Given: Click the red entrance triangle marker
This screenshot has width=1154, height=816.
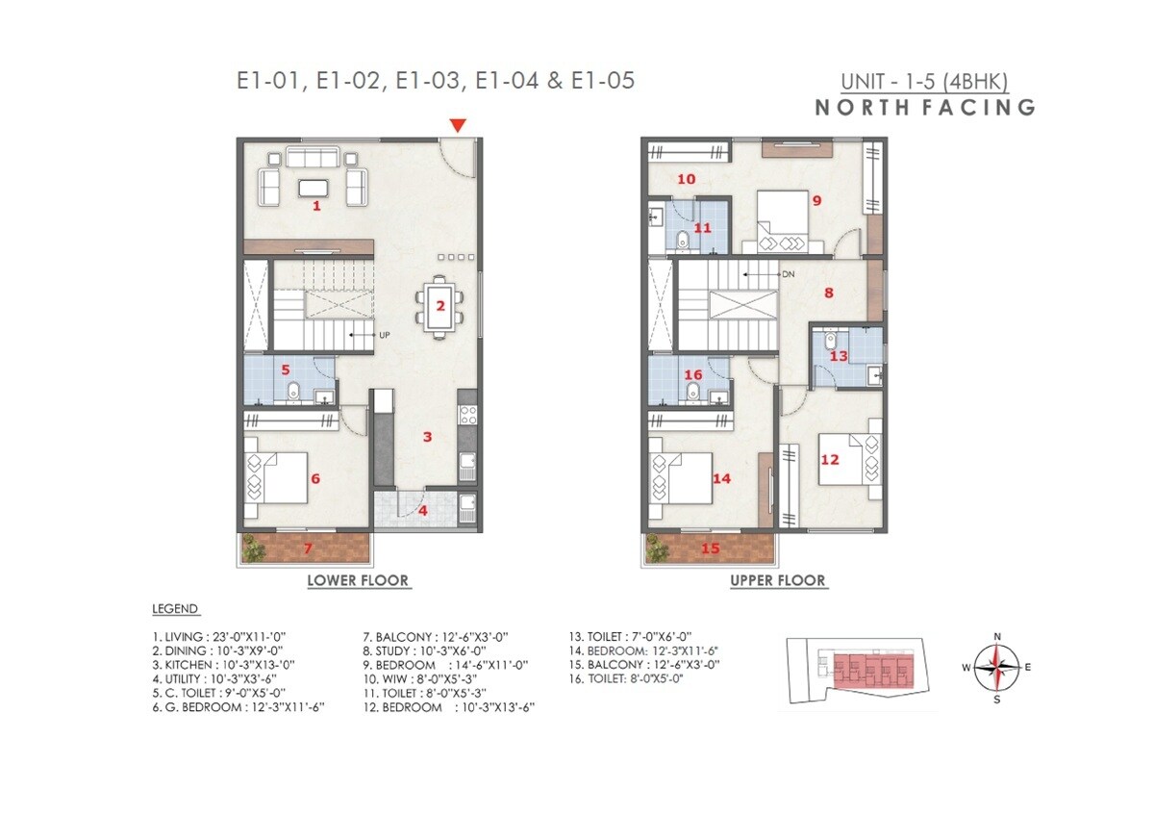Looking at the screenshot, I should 459,125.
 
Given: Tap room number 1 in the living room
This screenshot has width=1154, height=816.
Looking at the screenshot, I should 316,205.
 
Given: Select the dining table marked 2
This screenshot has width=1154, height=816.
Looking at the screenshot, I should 439,306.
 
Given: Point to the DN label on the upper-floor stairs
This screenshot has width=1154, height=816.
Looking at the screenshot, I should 788,274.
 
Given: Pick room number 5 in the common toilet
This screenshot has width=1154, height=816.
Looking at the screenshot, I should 285,368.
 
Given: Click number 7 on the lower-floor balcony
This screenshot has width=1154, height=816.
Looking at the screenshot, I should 308,548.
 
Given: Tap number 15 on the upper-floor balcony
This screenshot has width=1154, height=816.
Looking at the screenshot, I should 711,548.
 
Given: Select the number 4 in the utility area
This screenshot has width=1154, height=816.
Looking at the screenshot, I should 423,510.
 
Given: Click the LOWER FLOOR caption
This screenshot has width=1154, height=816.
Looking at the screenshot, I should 358,580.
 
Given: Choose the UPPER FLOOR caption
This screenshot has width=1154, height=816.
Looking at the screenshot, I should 778,580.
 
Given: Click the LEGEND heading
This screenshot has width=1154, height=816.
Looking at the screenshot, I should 175,609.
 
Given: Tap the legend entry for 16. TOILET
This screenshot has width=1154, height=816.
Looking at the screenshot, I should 627,678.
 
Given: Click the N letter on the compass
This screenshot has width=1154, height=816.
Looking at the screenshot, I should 997,636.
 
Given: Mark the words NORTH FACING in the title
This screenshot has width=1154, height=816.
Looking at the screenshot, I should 925,107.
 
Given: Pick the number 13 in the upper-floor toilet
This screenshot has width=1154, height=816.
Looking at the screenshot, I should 839,356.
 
